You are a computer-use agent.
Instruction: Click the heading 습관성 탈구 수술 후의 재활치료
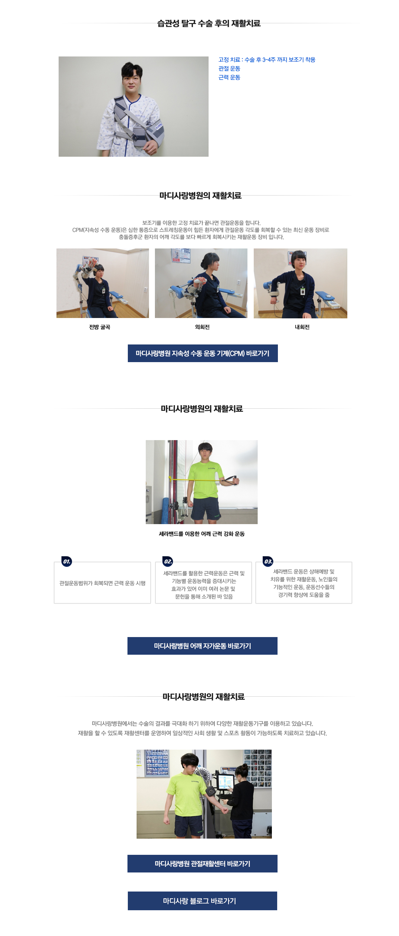pos(209,23)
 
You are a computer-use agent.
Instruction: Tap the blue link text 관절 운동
pos(229,68)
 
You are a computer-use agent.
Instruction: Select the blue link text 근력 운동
pos(229,77)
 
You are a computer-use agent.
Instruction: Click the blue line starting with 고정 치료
pos(267,60)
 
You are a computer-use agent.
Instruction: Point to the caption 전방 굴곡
pos(100,327)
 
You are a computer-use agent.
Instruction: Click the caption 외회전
pos(202,327)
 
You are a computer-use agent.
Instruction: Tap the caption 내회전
pos(302,327)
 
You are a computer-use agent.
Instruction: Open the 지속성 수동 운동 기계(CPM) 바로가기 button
pos(203,353)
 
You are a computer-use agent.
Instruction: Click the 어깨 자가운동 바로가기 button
pos(202,646)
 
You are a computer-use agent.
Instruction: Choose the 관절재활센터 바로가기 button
pos(202,863)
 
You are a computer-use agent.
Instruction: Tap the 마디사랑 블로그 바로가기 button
pos(202,900)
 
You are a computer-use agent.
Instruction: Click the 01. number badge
pos(66,562)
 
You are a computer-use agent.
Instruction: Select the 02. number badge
pos(167,562)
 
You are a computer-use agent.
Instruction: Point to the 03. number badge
pos(268,562)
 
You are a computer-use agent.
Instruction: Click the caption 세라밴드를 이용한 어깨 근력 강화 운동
pos(202,534)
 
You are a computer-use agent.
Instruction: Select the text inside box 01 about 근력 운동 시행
pos(102,583)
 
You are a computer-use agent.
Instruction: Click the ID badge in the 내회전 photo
pos(302,291)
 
